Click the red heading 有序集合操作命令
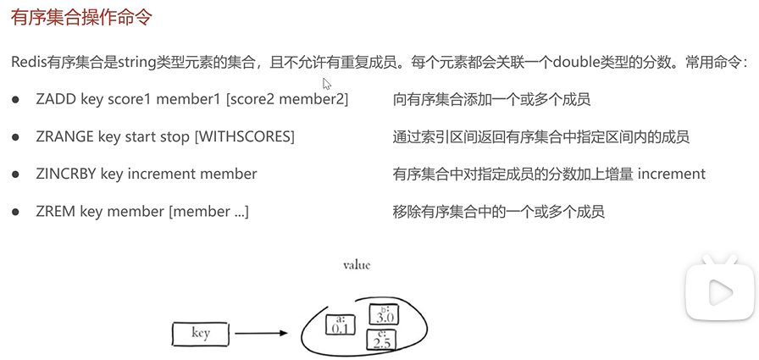click(x=82, y=18)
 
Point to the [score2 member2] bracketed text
click(x=287, y=100)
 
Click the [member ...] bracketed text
click(x=209, y=212)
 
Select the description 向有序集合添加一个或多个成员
click(x=491, y=100)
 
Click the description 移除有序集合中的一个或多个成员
click(x=498, y=212)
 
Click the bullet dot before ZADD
click(x=15, y=100)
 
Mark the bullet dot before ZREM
click(x=15, y=212)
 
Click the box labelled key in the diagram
click(x=201, y=334)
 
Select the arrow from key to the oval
click(x=263, y=334)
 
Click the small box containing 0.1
click(x=341, y=324)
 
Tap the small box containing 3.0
click(x=384, y=315)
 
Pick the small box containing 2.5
click(x=381, y=341)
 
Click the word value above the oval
click(x=357, y=265)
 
